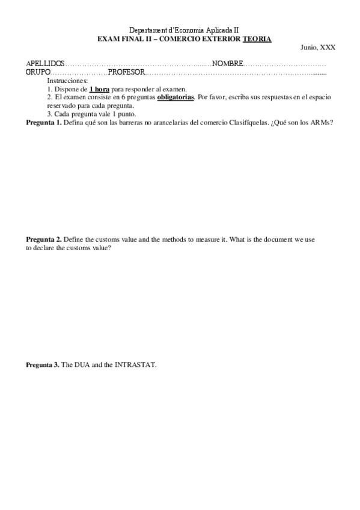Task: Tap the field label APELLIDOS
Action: pyautogui.click(x=45, y=64)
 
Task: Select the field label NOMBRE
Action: pyautogui.click(x=227, y=64)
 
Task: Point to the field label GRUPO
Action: pyautogui.click(x=37, y=72)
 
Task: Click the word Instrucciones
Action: pyautogui.click(x=67, y=80)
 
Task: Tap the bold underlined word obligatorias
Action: pyautogui.click(x=175, y=97)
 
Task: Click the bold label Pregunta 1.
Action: pyautogui.click(x=43, y=123)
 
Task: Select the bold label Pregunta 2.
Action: pyautogui.click(x=43, y=239)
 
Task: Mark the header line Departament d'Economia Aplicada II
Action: pyautogui.click(x=185, y=31)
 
